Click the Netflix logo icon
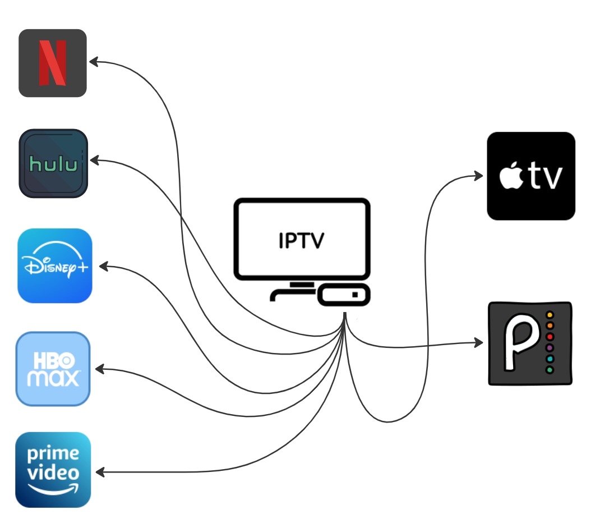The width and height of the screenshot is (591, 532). point(52,63)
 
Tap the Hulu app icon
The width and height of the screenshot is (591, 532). point(53,163)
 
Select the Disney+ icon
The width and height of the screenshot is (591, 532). point(54,265)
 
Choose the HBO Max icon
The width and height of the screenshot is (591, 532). point(53,369)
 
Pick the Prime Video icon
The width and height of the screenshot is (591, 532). point(53,470)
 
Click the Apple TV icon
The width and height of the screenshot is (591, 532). point(530,176)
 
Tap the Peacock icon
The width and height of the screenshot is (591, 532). point(530,343)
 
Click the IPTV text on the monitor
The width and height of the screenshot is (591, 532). point(301,240)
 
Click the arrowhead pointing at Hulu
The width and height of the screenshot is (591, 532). point(94,161)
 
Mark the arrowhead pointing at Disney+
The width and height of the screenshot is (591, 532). point(103,265)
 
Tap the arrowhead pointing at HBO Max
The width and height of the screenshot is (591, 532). point(100,369)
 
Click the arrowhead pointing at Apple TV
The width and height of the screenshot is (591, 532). point(479,176)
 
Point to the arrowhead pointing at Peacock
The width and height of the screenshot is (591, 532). point(480,342)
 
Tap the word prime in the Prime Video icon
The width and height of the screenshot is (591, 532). point(53,453)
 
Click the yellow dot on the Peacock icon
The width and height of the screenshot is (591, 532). point(550,314)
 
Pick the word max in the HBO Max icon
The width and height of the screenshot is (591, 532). point(53,378)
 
